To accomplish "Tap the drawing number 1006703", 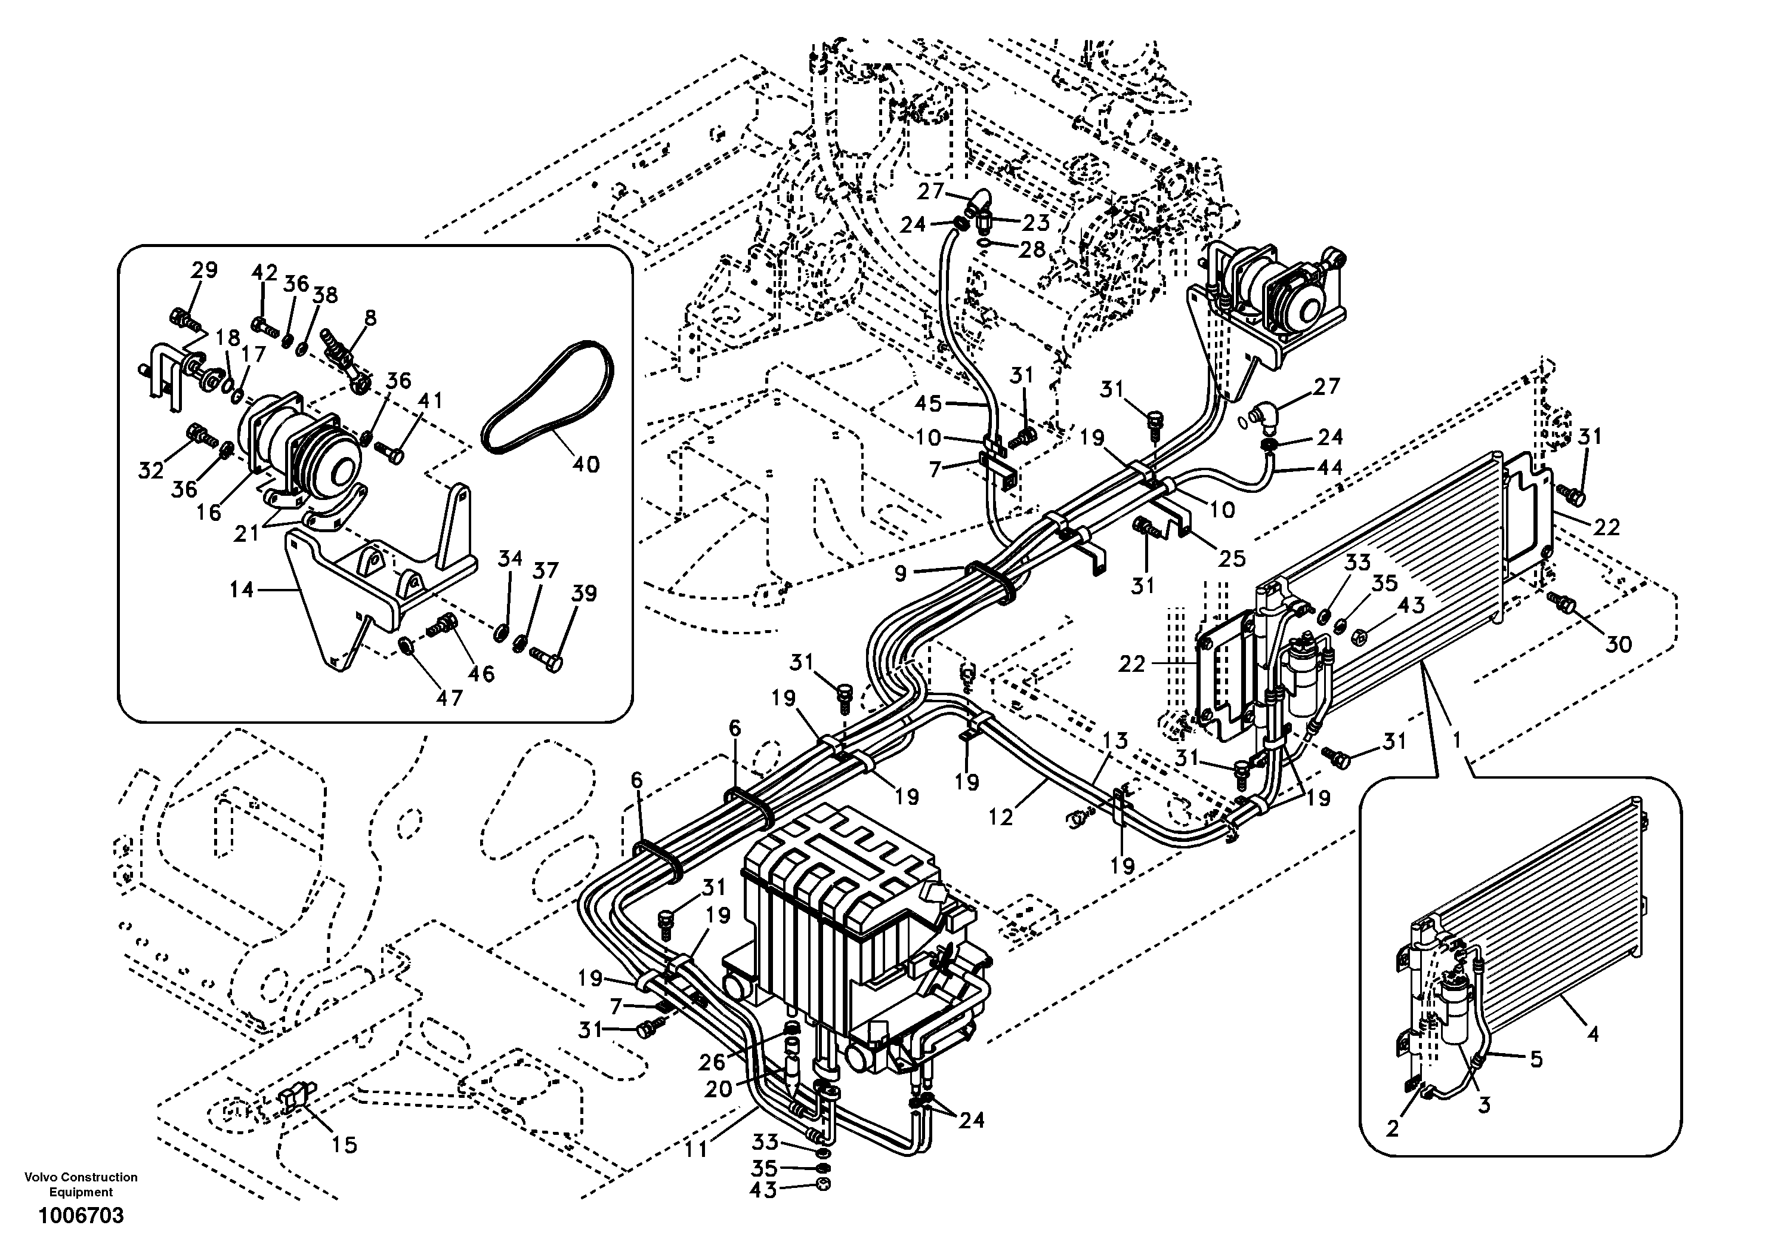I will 81,1216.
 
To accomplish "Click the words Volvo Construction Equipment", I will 81,1184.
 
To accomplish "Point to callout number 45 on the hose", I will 927,403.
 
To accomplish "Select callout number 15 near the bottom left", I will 344,1145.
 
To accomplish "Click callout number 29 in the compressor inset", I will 204,271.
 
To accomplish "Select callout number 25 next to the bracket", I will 1233,558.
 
